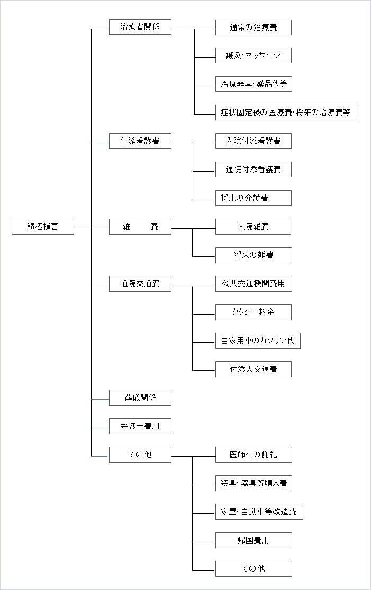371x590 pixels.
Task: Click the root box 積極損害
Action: click(x=43, y=227)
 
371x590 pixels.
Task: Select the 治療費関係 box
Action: click(x=140, y=27)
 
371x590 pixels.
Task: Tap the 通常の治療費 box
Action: click(x=254, y=27)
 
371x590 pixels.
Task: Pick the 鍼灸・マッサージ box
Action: click(x=254, y=55)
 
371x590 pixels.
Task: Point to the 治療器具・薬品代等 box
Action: click(x=254, y=84)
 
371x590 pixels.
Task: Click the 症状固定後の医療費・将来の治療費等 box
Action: click(x=285, y=113)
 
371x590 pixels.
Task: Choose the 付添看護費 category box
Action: click(x=140, y=141)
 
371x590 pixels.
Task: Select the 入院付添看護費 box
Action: click(x=254, y=141)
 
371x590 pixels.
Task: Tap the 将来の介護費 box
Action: click(x=254, y=198)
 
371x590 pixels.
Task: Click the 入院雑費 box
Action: click(x=253, y=227)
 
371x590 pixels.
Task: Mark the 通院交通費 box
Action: click(x=140, y=284)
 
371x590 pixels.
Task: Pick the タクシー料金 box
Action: click(x=254, y=312)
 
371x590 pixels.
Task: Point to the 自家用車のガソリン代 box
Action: click(x=258, y=341)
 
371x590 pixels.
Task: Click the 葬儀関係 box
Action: click(x=140, y=398)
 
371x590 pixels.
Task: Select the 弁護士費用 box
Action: click(x=140, y=426)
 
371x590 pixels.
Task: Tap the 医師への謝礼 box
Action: click(x=254, y=455)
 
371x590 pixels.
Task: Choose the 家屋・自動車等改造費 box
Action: click(x=259, y=512)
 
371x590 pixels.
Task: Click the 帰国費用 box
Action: click(x=254, y=540)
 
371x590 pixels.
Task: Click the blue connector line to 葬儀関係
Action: click(x=100, y=400)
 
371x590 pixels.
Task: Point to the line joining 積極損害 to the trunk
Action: click(x=83, y=227)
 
